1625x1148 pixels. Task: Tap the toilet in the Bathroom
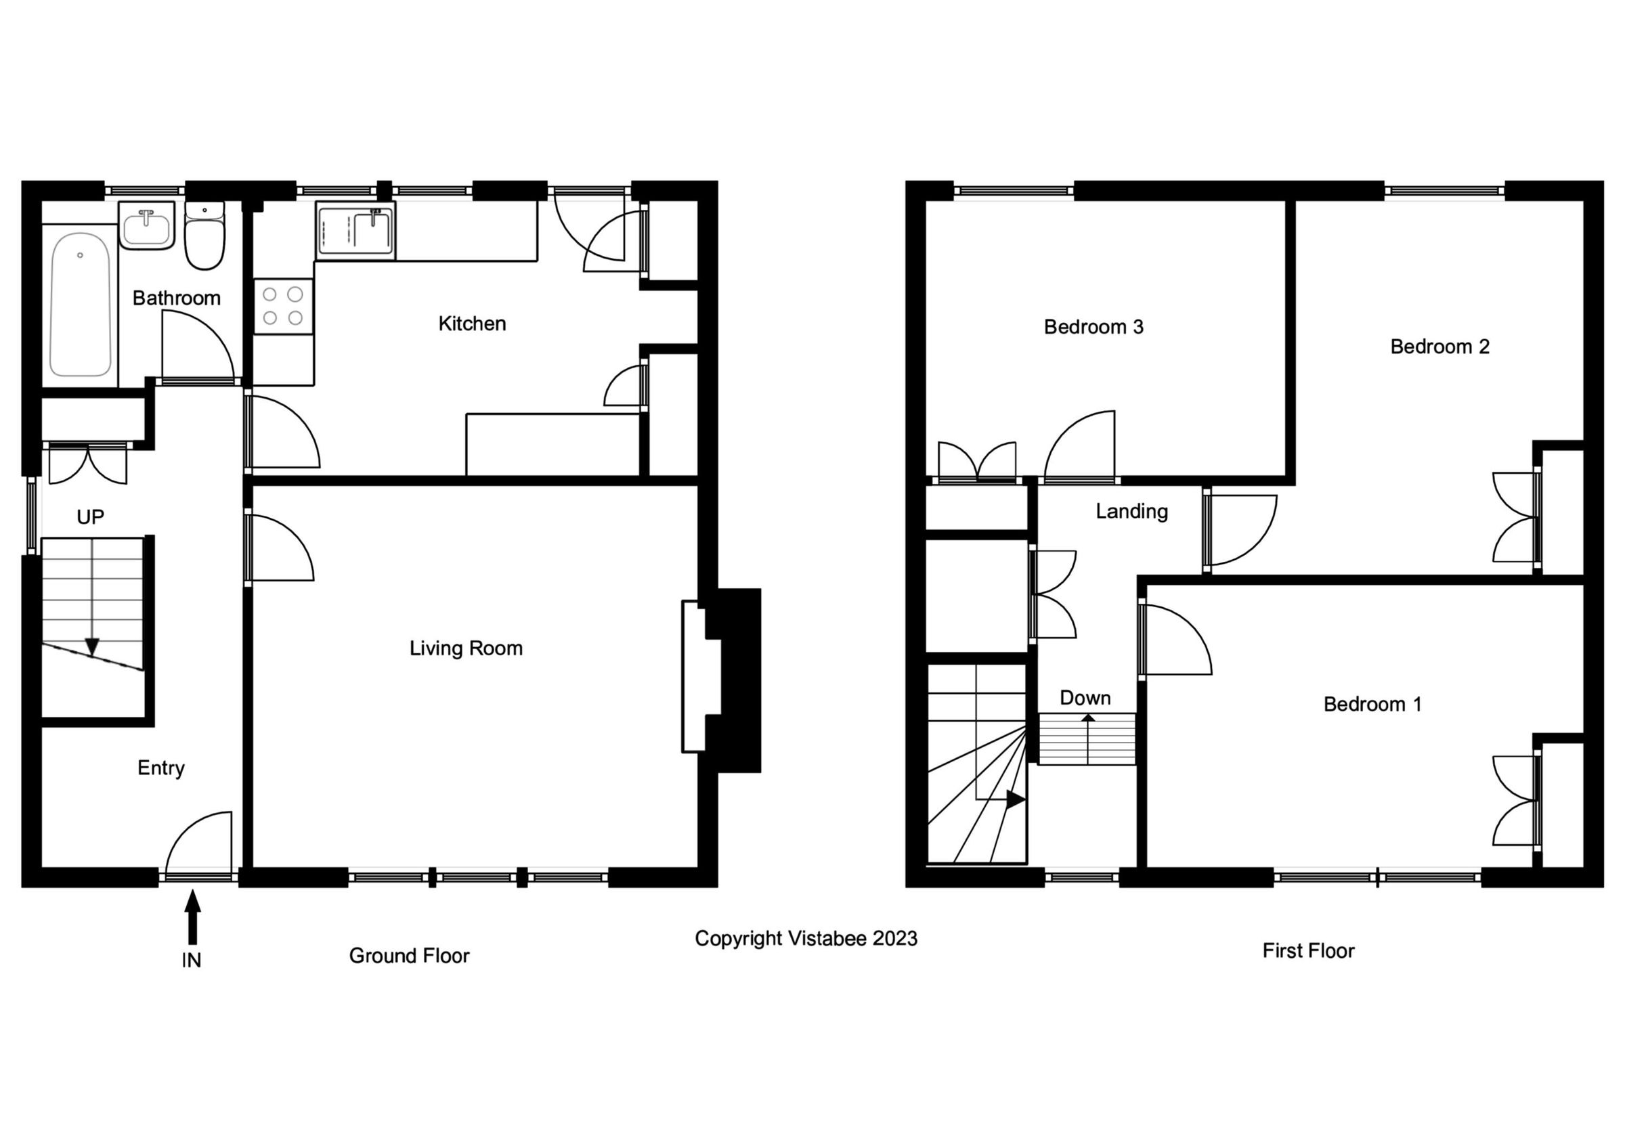pyautogui.click(x=204, y=237)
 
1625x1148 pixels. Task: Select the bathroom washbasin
pyautogui.click(x=147, y=226)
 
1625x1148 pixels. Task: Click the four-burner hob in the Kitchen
pyautogui.click(x=283, y=305)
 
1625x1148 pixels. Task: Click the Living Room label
pyautogui.click(x=466, y=648)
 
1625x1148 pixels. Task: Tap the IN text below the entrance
pyautogui.click(x=192, y=961)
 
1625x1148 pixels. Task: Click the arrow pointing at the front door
pyautogui.click(x=192, y=917)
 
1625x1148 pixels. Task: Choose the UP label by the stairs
pyautogui.click(x=91, y=518)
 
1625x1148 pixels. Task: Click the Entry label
pyautogui.click(x=161, y=768)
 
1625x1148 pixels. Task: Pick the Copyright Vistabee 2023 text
pyautogui.click(x=806, y=939)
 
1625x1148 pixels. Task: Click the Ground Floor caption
pyautogui.click(x=409, y=956)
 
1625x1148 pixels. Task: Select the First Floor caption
pyautogui.click(x=1309, y=950)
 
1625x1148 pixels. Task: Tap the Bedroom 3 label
pyautogui.click(x=1093, y=327)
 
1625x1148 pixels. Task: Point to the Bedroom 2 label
pyautogui.click(x=1439, y=347)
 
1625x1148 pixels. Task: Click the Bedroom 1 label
pyautogui.click(x=1372, y=705)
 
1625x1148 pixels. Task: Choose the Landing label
pyautogui.click(x=1131, y=512)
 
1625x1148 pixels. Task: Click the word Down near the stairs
pyautogui.click(x=1085, y=698)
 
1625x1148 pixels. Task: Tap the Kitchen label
pyautogui.click(x=472, y=324)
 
